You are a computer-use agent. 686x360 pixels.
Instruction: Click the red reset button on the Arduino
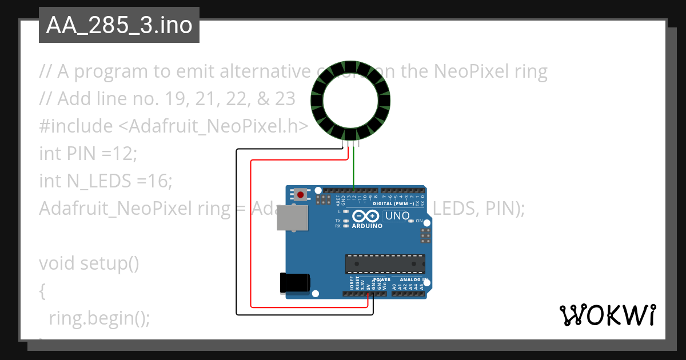pyautogui.click(x=301, y=195)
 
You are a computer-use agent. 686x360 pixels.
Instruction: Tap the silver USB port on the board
pyautogui.click(x=292, y=218)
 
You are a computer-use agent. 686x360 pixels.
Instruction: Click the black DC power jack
pyautogui.click(x=295, y=283)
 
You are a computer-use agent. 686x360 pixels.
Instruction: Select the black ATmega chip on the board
pyautogui.click(x=385, y=264)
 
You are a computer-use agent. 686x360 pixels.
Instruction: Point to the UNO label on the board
pyautogui.click(x=397, y=216)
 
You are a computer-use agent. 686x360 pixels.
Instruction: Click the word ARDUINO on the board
pyautogui.click(x=368, y=226)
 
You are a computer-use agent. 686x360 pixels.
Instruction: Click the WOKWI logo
pyautogui.click(x=607, y=315)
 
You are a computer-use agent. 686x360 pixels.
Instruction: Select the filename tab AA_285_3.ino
pyautogui.click(x=119, y=25)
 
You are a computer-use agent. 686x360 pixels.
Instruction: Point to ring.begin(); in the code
pyautogui.click(x=99, y=318)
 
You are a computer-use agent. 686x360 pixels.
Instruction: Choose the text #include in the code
pyautogui.click(x=75, y=126)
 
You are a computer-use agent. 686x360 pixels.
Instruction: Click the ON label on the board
pyautogui.click(x=419, y=221)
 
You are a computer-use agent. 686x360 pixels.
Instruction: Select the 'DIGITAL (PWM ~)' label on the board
pyautogui.click(x=394, y=203)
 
